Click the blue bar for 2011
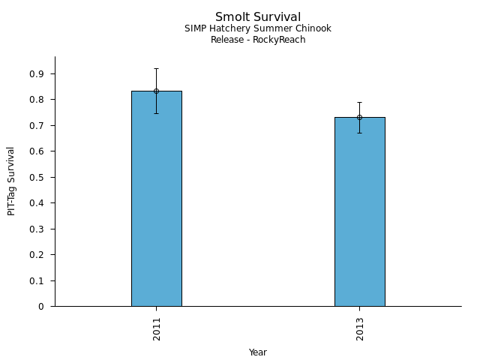[156, 199]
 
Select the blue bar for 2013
[359, 211]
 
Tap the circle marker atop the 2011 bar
[156, 91]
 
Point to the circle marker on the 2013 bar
[359, 117]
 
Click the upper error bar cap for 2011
[156, 69]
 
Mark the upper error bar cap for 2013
[359, 102]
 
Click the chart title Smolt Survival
[258, 17]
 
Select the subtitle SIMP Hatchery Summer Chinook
[258, 28]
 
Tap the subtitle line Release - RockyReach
[258, 40]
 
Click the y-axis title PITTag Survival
[11, 181]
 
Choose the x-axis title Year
[258, 352]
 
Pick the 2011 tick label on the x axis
[157, 328]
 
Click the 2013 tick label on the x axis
[360, 328]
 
